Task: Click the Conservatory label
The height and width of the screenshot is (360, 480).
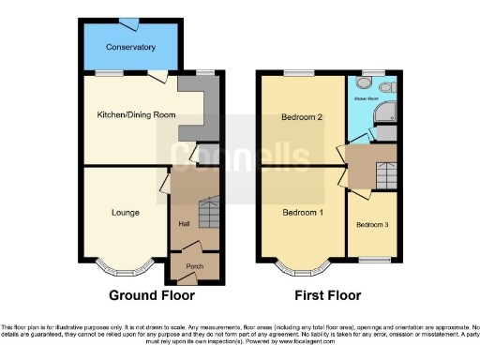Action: (x=130, y=46)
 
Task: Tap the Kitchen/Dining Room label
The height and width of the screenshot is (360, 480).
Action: (x=137, y=114)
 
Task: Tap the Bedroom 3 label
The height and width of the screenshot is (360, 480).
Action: (x=371, y=225)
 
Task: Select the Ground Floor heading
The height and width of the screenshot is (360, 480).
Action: (x=153, y=295)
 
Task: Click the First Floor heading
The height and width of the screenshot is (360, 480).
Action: (x=327, y=295)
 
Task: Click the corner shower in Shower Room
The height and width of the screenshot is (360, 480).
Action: (x=385, y=113)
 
